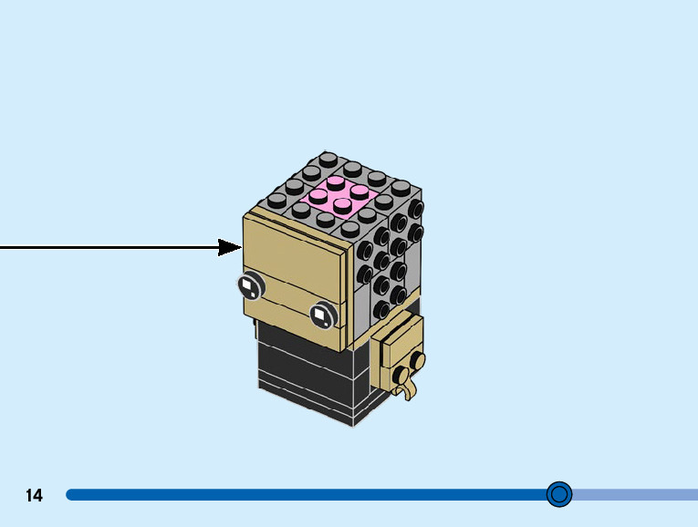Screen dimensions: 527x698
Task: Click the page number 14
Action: [x=34, y=496]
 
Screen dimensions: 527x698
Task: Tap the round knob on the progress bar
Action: [x=559, y=494]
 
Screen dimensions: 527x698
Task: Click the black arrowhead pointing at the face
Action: [x=230, y=247]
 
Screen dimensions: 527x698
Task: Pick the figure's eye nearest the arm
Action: [x=322, y=315]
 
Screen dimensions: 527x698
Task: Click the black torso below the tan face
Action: [x=306, y=374]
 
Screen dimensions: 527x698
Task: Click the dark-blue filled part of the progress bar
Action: [x=301, y=494]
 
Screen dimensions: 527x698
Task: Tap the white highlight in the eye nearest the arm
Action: [x=320, y=316]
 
